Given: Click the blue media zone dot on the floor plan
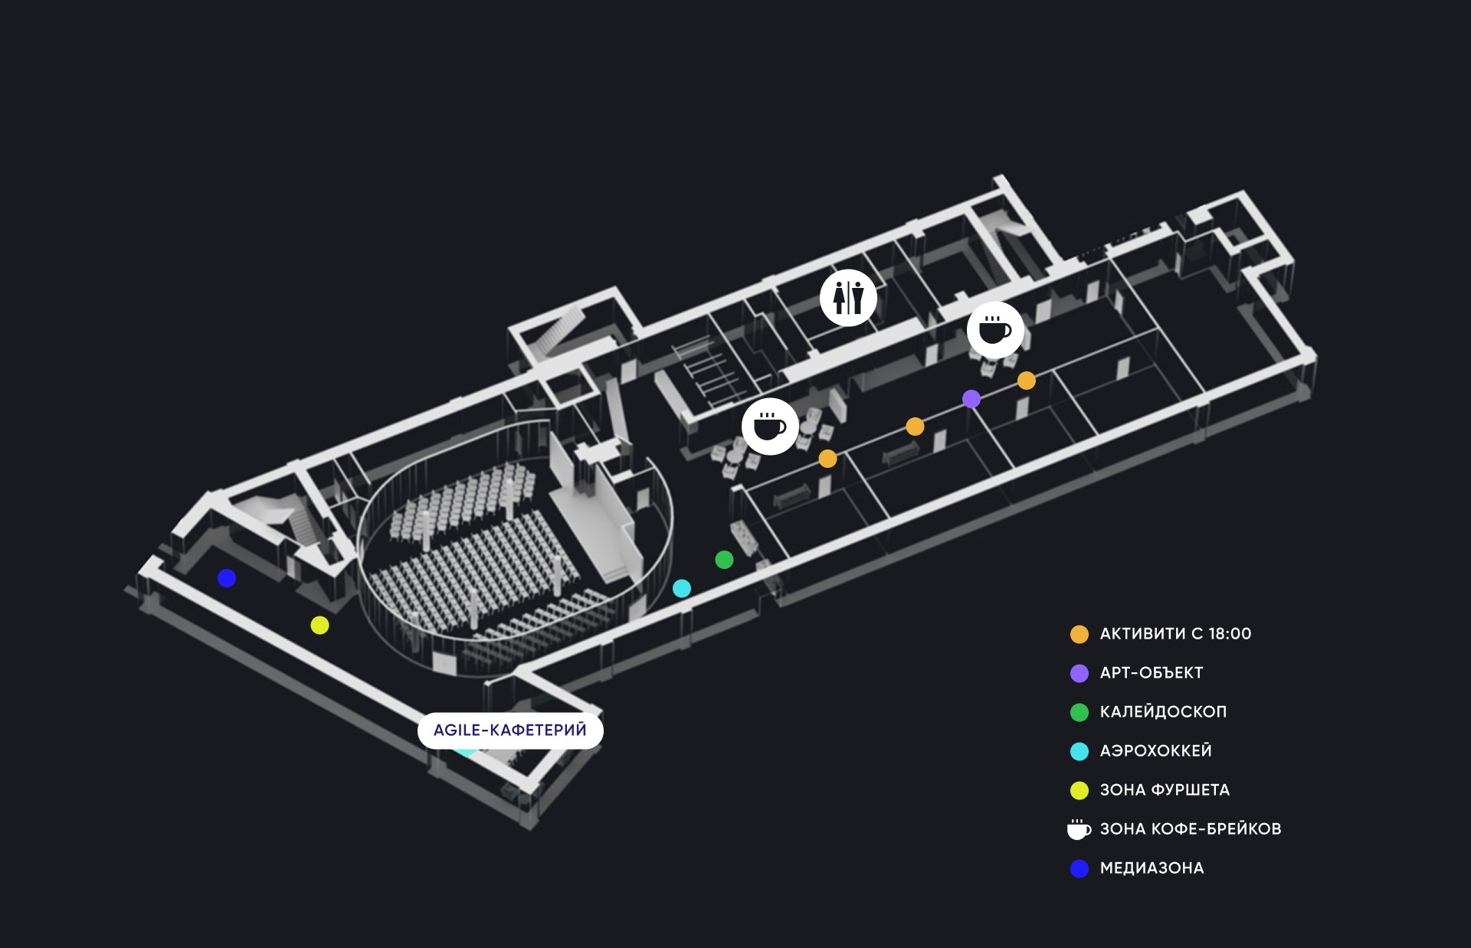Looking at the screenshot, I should tap(226, 577).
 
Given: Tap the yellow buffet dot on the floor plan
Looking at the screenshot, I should tap(319, 625).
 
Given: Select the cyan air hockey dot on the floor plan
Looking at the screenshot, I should tap(681, 588).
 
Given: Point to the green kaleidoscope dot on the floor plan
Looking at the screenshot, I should tap(724, 560).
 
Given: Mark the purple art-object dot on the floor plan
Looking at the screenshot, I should tap(971, 398).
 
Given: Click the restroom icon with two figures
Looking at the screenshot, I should tap(848, 297).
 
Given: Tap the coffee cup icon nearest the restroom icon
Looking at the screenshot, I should tap(995, 330).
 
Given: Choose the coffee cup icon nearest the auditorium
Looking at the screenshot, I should tap(770, 427).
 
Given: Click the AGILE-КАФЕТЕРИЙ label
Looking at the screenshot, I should tap(510, 730).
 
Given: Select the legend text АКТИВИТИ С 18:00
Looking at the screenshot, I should tap(1175, 633).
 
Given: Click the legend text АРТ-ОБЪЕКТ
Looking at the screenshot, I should tap(1152, 672).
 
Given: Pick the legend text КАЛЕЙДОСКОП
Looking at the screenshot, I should tap(1163, 711).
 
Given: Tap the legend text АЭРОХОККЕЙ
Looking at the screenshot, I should tap(1155, 750).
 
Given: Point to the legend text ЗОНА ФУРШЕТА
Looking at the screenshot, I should tap(1165, 789).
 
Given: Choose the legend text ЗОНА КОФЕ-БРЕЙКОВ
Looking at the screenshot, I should tap(1191, 829).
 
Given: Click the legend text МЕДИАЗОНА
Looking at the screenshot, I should tap(1152, 868).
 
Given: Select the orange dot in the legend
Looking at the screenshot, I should tap(1079, 634).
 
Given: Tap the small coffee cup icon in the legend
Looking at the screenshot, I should tap(1079, 829).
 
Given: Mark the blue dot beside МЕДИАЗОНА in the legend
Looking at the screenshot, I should tap(1079, 868).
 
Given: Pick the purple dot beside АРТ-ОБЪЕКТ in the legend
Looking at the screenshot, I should tap(1079, 673).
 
